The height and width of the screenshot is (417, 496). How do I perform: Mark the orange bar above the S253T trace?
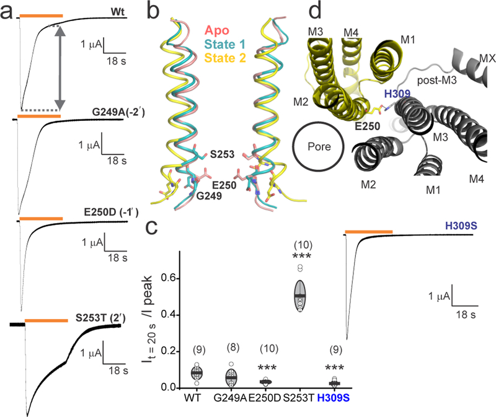click(46, 320)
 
